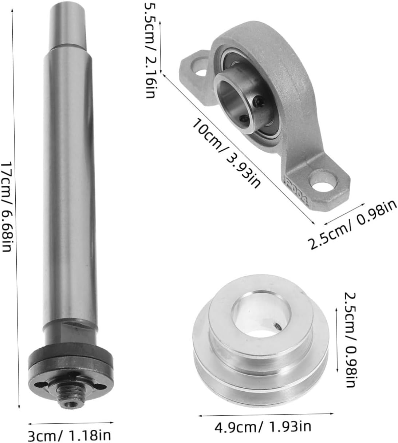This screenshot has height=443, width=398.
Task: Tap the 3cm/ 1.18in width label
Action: pyautogui.click(x=69, y=435)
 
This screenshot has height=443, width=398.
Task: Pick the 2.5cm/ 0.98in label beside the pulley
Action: pyautogui.click(x=350, y=339)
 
